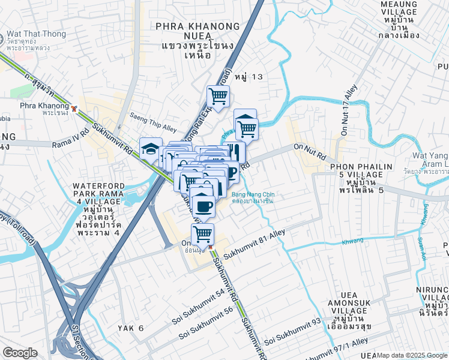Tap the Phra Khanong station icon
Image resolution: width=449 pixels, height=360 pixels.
click(x=74, y=109)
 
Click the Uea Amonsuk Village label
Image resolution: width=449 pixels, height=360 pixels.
click(x=357, y=303)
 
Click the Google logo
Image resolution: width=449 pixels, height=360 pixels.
click(x=20, y=353)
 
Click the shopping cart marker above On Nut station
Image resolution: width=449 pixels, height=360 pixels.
click(x=203, y=233)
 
